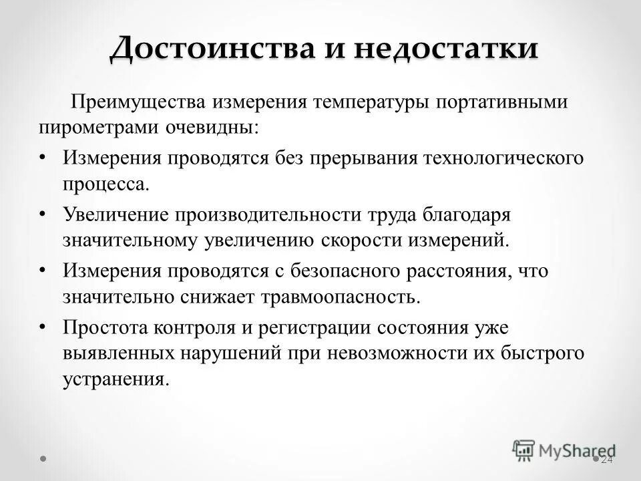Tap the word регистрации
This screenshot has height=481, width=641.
(310, 328)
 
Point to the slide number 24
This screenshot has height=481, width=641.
(606, 460)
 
